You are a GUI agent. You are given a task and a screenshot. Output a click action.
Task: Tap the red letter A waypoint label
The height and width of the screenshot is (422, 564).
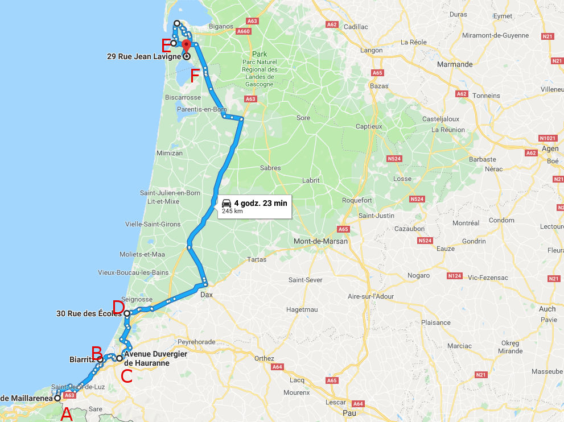67,414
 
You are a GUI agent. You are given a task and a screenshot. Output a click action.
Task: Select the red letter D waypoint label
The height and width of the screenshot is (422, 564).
118,307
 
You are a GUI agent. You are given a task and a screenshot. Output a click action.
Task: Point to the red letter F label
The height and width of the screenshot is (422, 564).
195,76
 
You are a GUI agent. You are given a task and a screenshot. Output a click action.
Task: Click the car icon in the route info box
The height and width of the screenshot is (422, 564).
227,203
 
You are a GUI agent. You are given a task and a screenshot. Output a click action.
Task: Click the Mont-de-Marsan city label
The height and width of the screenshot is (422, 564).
320,241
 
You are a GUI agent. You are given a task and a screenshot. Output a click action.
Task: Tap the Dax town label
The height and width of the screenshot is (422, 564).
206,295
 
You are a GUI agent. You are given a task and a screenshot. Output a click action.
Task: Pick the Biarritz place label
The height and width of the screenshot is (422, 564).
82,359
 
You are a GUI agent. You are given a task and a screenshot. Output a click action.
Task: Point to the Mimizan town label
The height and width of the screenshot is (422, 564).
169,153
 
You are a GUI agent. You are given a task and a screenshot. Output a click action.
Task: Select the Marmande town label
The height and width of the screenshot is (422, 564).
454,64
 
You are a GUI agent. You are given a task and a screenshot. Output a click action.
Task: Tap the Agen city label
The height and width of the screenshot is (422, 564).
550,148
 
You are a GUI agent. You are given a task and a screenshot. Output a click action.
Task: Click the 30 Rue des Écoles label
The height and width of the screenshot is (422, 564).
89,313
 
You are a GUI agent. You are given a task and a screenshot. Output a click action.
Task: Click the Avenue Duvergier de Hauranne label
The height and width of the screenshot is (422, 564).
155,358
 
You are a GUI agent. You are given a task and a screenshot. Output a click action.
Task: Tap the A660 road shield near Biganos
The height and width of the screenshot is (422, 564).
244,31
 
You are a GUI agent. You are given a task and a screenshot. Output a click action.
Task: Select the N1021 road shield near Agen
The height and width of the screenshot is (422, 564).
547,138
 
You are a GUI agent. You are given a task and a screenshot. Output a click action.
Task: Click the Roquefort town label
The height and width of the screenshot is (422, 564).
357,200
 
